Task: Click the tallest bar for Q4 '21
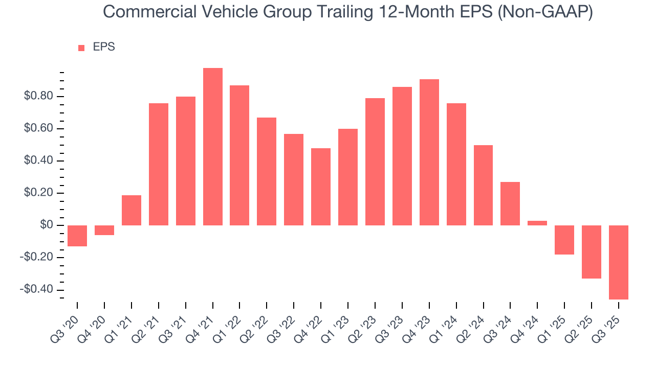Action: tap(213, 147)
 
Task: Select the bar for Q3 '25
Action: tap(619, 262)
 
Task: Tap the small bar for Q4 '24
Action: tap(537, 223)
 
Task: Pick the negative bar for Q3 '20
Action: tap(77, 236)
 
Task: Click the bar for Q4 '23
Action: tap(429, 152)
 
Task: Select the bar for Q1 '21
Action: tap(132, 210)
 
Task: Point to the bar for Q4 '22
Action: tap(321, 187)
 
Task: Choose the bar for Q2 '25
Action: tap(592, 251)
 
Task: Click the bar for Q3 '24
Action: tap(510, 203)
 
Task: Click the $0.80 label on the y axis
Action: tap(38, 97)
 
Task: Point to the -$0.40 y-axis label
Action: tap(37, 290)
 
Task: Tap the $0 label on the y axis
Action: tap(47, 225)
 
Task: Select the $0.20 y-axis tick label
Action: tap(38, 193)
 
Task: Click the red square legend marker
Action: tap(81, 48)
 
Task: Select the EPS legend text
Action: tap(104, 48)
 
